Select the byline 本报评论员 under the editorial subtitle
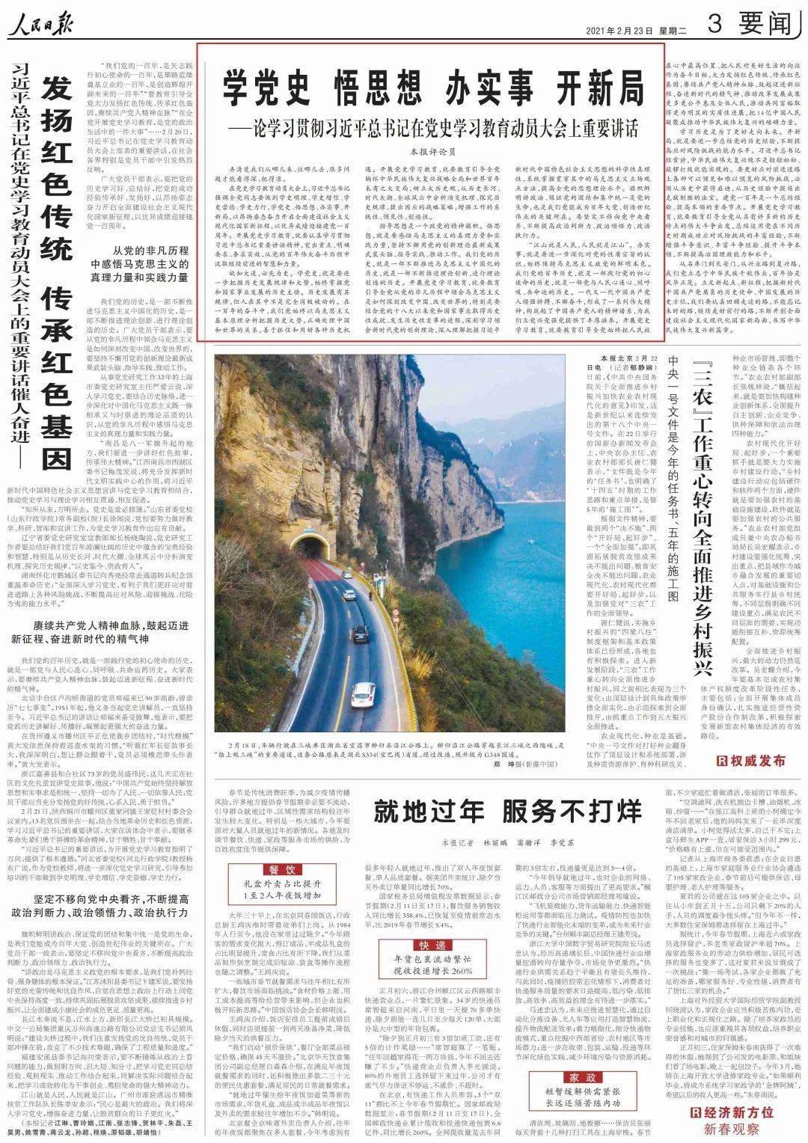point(432,150)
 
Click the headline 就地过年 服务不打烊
point(508,809)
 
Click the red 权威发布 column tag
point(751,761)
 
